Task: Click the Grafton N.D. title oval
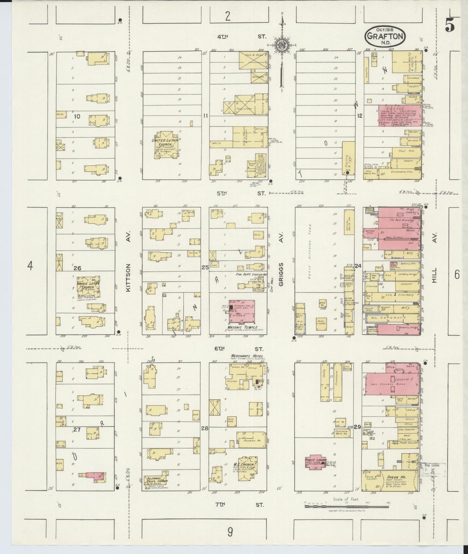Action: [386, 36]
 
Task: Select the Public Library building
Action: [315, 463]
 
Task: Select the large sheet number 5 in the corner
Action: [450, 25]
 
